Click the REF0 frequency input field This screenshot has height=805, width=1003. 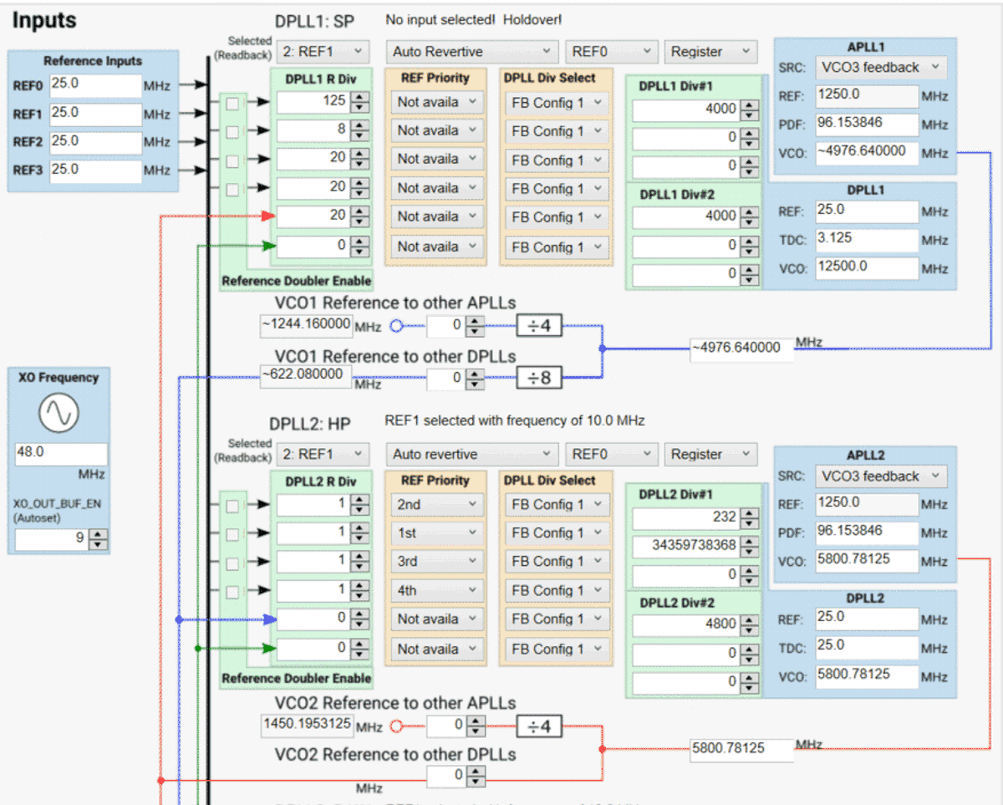(94, 85)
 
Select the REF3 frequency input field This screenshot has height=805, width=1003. (94, 171)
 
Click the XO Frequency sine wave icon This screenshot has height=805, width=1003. (59, 413)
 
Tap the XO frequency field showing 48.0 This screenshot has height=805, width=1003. (60, 454)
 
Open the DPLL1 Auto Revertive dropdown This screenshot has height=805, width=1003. (472, 52)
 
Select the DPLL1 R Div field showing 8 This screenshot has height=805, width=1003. (313, 130)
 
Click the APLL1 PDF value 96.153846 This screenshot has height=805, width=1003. (867, 124)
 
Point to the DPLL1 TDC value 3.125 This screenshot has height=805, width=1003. (867, 240)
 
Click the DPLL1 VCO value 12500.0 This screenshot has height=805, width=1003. (867, 268)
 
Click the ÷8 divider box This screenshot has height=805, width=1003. (539, 378)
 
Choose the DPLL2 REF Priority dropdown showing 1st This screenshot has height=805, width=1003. (435, 533)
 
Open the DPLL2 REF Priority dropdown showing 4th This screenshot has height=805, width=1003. (435, 590)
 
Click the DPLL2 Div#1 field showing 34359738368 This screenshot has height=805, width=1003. (685, 546)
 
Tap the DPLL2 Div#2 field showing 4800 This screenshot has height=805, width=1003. (685, 624)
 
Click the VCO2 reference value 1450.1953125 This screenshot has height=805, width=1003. (306, 725)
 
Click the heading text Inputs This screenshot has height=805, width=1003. (44, 20)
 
